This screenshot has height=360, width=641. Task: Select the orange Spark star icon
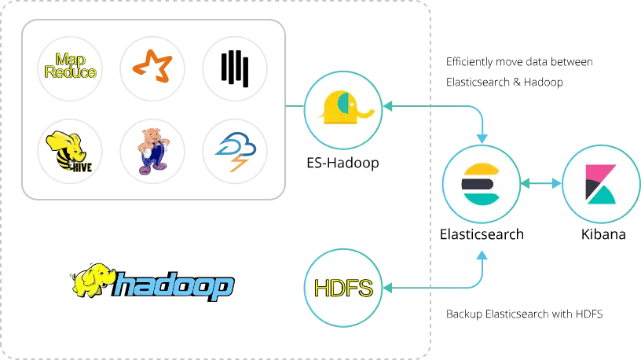(x=153, y=65)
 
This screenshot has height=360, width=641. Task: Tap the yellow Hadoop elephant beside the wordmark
(x=93, y=280)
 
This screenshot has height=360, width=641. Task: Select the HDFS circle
(x=342, y=287)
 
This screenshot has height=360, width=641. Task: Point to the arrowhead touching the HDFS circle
(x=387, y=288)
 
